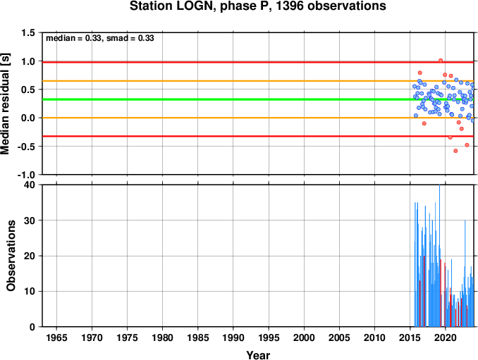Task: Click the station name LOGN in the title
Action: click(195, 6)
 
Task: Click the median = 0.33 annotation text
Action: click(73, 38)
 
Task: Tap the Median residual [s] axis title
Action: click(5, 104)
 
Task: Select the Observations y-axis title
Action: click(11, 256)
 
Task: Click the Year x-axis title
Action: click(258, 355)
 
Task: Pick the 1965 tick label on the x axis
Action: click(56, 337)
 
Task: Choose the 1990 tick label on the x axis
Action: click(233, 337)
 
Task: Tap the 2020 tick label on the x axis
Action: click(446, 337)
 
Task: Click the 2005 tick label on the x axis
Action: click(339, 337)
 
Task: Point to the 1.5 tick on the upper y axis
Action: click(28, 32)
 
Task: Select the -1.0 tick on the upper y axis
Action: click(26, 175)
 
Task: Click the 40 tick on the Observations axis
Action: click(30, 185)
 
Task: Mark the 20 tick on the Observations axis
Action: click(30, 256)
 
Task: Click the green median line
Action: click(258, 99)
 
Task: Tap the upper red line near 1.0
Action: click(258, 62)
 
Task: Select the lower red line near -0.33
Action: click(258, 136)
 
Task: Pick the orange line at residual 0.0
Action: click(258, 118)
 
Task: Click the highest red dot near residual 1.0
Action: click(441, 61)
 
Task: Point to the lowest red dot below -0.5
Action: click(455, 151)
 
